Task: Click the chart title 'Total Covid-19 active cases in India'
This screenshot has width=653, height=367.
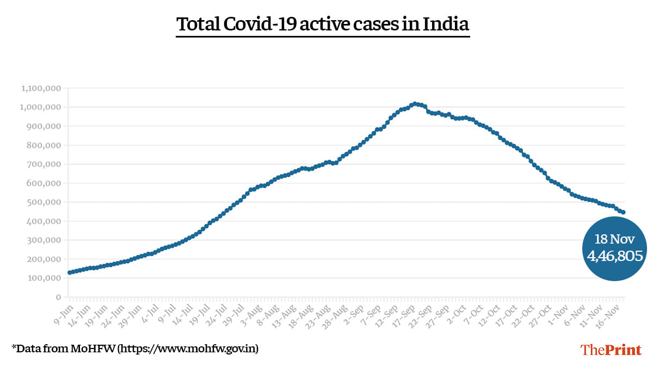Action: (323, 24)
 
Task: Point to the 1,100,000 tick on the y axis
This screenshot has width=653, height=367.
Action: (41, 88)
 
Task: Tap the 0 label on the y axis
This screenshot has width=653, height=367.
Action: (57, 297)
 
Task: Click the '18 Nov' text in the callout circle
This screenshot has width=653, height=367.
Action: (614, 239)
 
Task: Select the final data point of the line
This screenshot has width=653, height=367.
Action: (623, 212)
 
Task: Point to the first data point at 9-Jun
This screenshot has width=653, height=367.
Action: (69, 272)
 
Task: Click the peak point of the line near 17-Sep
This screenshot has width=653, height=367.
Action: (414, 103)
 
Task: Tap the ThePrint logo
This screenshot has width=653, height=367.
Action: (611, 349)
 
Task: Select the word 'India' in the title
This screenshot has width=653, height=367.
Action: (449, 24)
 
